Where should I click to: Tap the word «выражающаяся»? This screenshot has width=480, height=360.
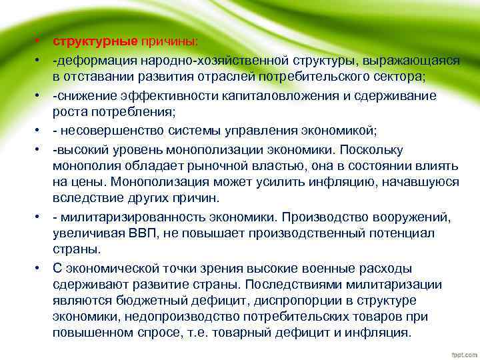pos(417,61)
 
